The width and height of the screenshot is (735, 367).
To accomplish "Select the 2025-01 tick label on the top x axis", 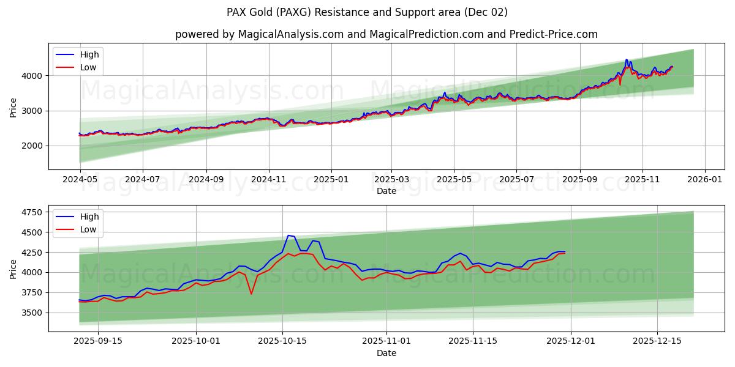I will (x=331, y=180).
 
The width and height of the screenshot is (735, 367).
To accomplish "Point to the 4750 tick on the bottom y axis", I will (x=32, y=212).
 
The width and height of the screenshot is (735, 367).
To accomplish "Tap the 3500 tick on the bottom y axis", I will (x=32, y=313).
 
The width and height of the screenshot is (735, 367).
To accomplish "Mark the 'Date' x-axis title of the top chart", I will (x=386, y=191).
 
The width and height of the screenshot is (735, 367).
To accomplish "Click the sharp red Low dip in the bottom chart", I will (x=251, y=294).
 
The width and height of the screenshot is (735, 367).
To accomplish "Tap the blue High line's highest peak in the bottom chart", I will (x=288, y=235).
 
